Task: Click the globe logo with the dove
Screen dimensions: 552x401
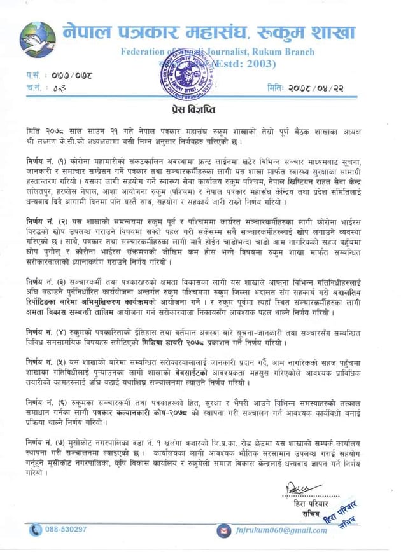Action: tap(38, 39)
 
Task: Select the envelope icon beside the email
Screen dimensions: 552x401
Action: tap(223, 530)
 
